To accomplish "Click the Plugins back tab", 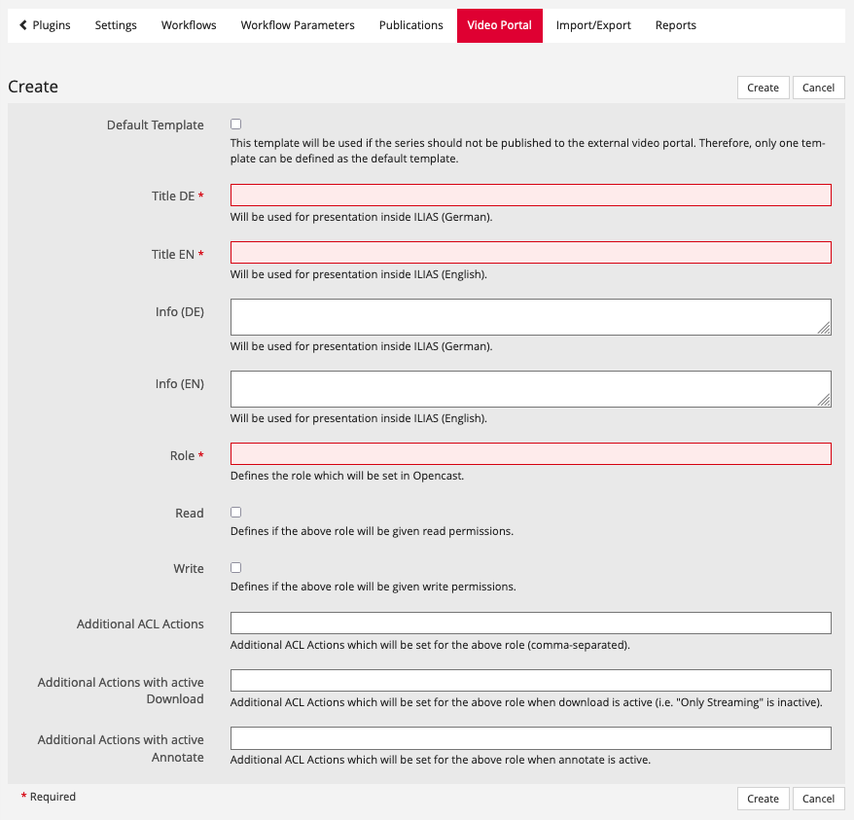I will pos(45,25).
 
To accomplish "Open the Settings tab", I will pos(116,25).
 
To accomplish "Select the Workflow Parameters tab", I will pos(298,25).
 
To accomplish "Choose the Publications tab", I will pos(410,25).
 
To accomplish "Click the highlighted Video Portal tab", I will pos(499,25).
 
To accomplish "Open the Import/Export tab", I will pos(593,25).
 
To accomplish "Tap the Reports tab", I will pos(675,25).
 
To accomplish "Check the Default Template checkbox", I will pos(235,125).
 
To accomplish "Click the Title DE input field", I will pos(530,196).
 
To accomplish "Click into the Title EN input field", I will pos(530,253).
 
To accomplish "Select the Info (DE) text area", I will pos(530,317).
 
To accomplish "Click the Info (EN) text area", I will pos(530,389).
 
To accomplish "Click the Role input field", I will pos(530,454).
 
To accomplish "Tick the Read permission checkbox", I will pos(235,513).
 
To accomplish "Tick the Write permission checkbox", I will pos(235,568).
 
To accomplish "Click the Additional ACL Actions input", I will pos(530,623).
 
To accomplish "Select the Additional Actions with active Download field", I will pos(530,680).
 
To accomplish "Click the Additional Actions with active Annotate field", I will pos(530,738).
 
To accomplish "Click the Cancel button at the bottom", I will pos(818,799).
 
